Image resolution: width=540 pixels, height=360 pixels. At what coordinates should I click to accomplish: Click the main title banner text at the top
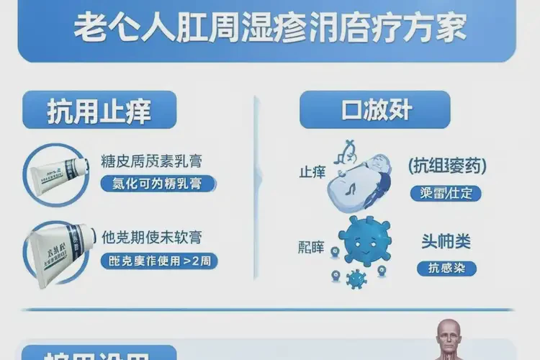point(269,30)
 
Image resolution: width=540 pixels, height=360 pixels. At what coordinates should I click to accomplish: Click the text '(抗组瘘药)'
point(446,167)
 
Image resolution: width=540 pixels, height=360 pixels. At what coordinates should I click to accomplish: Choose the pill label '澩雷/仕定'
point(446,193)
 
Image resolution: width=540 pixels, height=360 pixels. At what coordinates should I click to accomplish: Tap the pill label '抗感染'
point(446,268)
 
